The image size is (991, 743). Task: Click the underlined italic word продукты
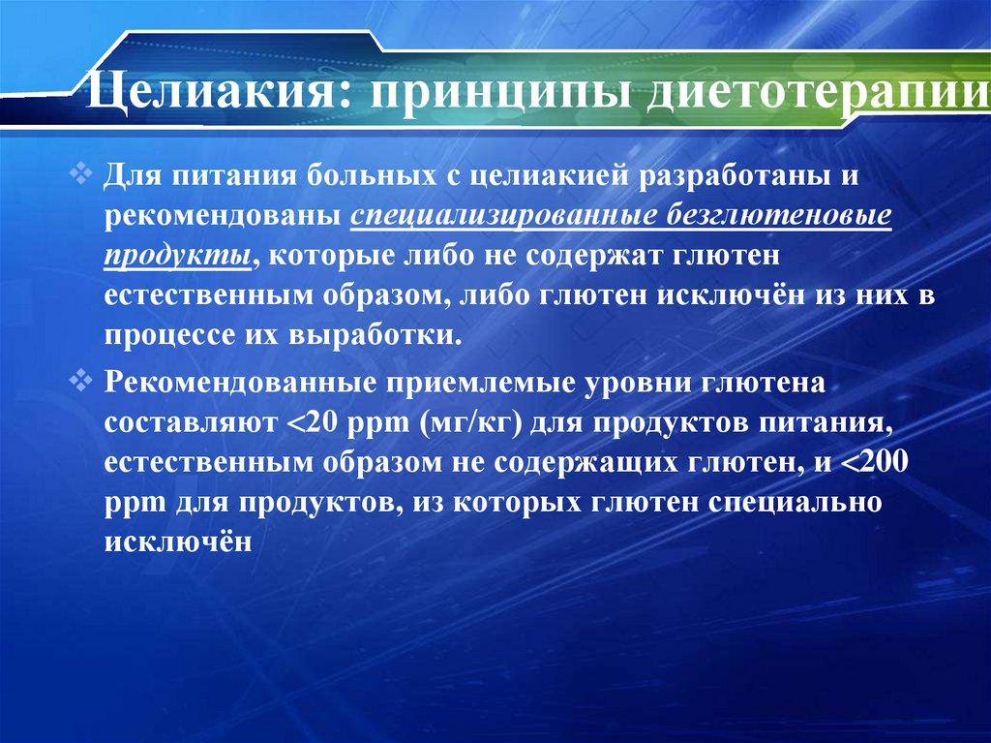point(181,256)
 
